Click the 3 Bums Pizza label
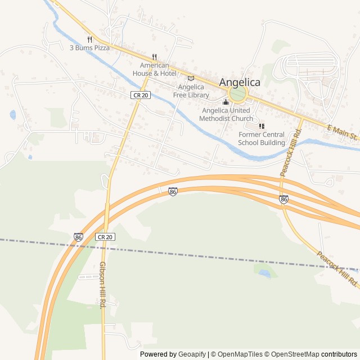point(89,48)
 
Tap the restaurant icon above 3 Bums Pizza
point(89,39)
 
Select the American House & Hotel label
point(150,69)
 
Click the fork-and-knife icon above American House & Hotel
point(154,57)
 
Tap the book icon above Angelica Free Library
point(191,78)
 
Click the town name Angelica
point(240,82)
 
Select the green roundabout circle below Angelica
point(238,94)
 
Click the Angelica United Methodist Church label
point(227,114)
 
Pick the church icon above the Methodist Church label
point(226,102)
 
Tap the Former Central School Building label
point(262,138)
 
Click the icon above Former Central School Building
point(261,126)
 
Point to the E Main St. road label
point(343,133)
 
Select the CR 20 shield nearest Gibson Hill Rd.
point(105,237)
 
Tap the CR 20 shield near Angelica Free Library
point(140,95)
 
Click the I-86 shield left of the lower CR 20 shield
point(78,237)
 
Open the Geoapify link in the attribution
point(192,354)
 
